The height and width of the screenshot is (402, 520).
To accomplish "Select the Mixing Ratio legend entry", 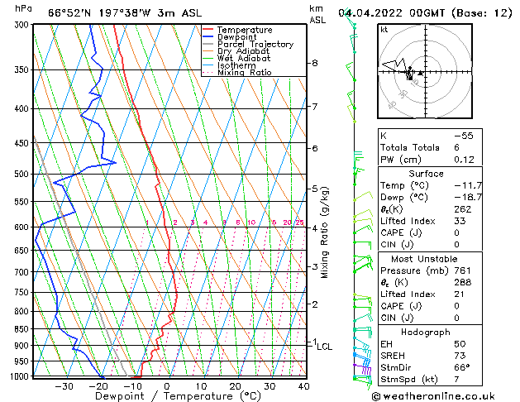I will [x=244, y=73].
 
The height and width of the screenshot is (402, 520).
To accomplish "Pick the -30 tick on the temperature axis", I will [x=64, y=385].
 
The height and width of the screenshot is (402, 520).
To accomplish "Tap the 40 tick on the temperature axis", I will [x=303, y=385].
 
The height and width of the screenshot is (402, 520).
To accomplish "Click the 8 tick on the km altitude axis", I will [x=315, y=63].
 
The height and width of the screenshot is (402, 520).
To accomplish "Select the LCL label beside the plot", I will [x=325, y=347].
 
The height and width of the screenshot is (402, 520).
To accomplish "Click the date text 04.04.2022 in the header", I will [x=372, y=12].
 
